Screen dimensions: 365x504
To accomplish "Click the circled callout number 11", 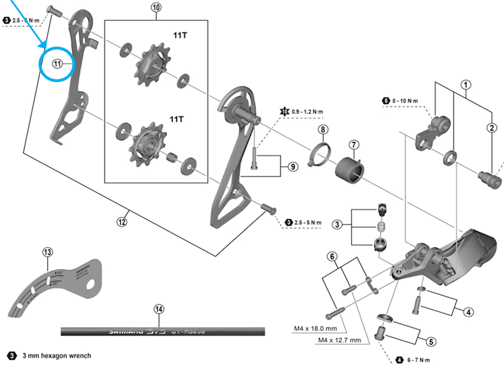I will [57, 64].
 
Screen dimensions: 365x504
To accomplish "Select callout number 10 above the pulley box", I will [157, 8].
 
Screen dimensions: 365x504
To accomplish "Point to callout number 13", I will [47, 252].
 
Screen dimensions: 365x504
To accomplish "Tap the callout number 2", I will [492, 128].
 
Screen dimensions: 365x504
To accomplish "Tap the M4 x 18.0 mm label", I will [315, 329].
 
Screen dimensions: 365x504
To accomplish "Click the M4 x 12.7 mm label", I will [339, 340].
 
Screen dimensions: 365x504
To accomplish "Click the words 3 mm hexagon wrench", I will [56, 356].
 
